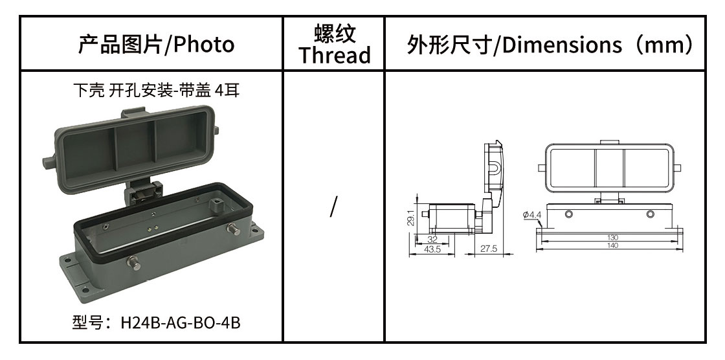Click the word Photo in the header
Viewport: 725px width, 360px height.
[203, 45]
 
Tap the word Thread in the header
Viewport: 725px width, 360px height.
[334, 54]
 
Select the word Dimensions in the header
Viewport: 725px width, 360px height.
[562, 45]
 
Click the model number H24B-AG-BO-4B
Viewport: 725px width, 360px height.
[181, 322]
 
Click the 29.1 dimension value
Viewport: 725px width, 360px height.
[410, 218]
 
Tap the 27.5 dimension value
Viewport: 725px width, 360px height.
[488, 249]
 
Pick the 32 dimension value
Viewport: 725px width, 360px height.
[432, 239]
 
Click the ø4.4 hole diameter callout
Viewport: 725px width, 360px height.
[531, 215]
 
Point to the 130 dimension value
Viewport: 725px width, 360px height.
[612, 238]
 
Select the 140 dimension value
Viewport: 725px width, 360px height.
[612, 245]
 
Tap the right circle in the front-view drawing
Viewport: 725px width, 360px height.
[650, 214]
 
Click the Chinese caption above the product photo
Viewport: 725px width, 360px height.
[156, 90]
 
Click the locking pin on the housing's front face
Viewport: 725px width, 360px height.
[134, 262]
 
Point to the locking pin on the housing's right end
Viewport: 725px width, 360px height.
[233, 229]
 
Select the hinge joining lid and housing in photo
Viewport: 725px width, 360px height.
[145, 190]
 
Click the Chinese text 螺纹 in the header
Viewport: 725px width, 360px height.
[334, 34]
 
